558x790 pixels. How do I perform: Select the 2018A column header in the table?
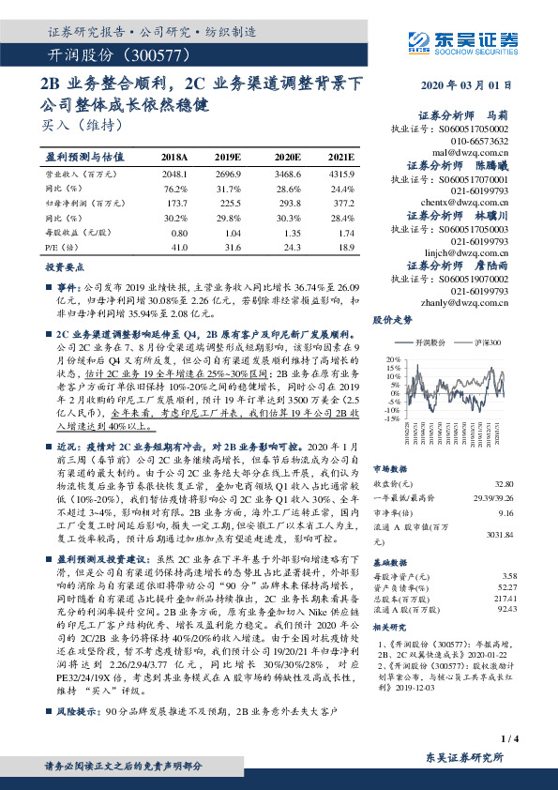(174, 158)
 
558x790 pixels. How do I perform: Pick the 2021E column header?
(341, 158)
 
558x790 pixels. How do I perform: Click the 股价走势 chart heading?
(393, 320)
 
